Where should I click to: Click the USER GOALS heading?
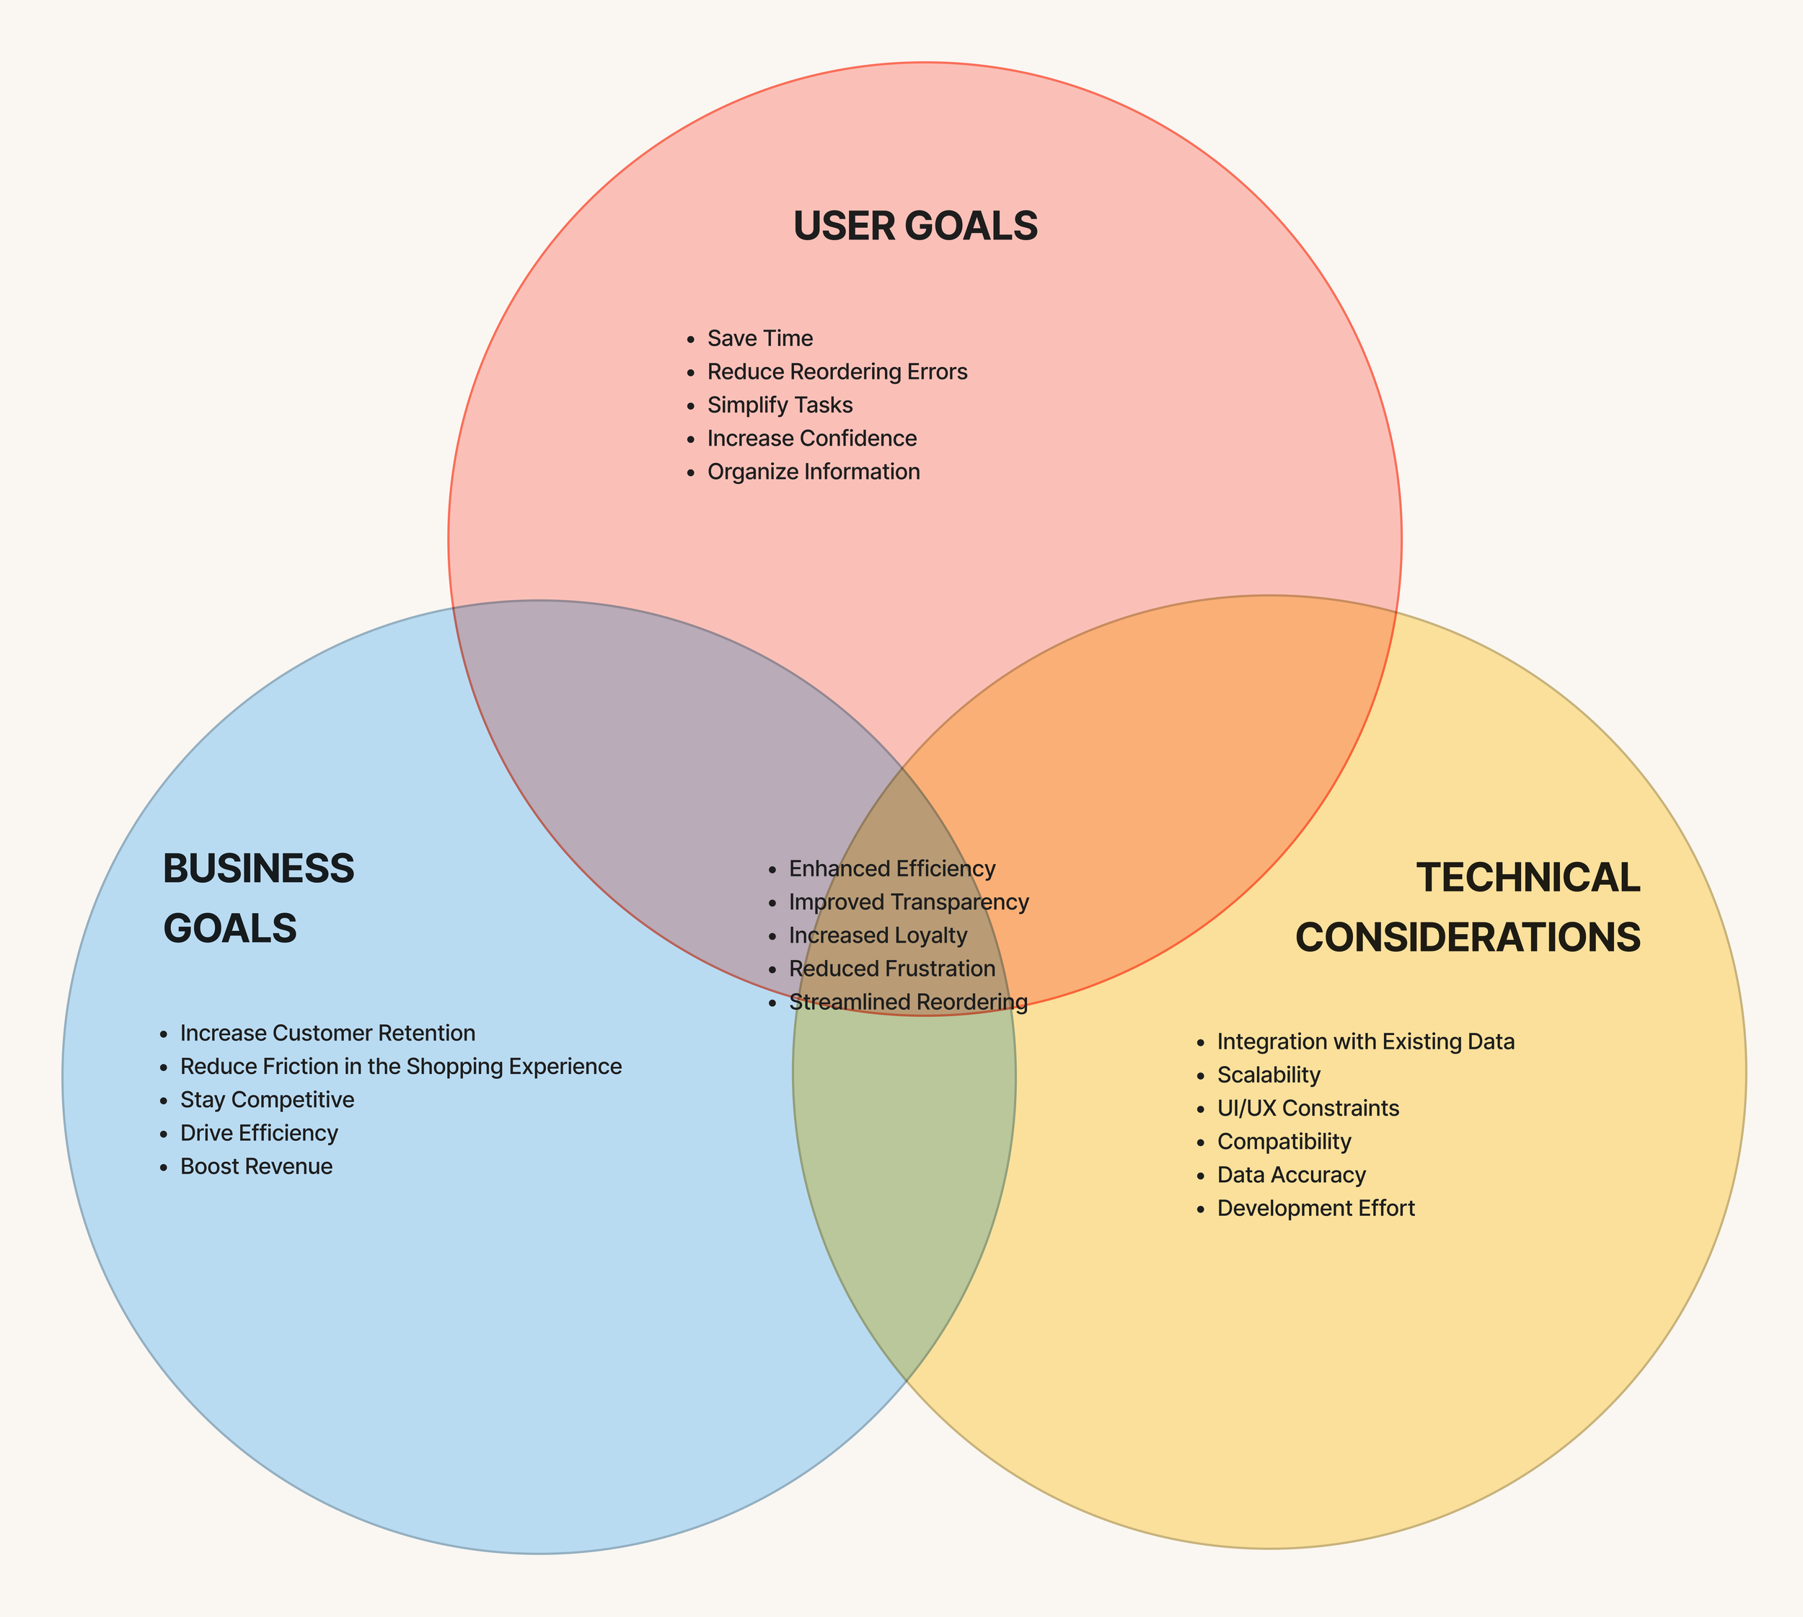coord(914,226)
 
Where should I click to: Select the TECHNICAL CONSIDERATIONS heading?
coord(1467,907)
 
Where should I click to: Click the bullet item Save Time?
coord(759,338)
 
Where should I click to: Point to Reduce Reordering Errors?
coord(837,371)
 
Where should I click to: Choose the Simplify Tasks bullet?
coord(780,405)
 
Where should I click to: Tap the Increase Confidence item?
coord(811,438)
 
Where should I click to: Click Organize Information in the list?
coord(813,472)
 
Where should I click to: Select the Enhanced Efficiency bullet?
coord(891,869)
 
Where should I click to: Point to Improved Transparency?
coord(908,902)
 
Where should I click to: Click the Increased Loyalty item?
coord(877,935)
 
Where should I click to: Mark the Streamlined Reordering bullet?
coord(908,1003)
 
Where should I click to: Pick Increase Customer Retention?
coord(327,1034)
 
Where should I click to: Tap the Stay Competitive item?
coord(267,1100)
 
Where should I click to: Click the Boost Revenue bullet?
coord(256,1166)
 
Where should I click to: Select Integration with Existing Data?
coord(1365,1041)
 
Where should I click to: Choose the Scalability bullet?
coord(1268,1075)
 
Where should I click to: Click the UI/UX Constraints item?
coord(1307,1109)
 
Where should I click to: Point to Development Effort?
coord(1315,1208)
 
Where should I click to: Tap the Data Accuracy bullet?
coord(1290,1176)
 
